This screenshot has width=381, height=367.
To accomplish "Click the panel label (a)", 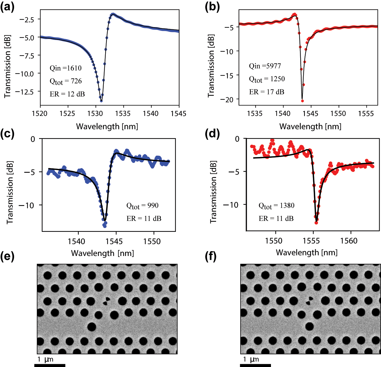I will tap(7, 7).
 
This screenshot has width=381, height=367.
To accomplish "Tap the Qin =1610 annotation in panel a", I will tap(66, 68).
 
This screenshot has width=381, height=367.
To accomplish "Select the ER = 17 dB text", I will tap(266, 92).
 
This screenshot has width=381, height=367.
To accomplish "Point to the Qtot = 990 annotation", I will tap(142, 206).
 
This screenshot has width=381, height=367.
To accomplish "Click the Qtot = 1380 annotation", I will tap(276, 206).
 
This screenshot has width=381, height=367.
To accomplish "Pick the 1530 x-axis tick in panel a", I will tap(95, 114).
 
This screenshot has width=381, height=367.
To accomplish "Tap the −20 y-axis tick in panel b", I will tap(227, 100).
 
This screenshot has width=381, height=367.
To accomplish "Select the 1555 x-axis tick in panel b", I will tap(366, 114).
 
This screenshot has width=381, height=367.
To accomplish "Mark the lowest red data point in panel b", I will tap(302, 101).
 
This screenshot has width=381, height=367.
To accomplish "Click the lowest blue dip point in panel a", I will tap(101, 101).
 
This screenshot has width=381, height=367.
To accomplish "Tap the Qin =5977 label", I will tap(265, 66).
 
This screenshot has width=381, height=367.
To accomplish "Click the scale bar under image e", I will tap(50, 365).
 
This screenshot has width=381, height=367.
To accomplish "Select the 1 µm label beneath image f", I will tap(251, 359).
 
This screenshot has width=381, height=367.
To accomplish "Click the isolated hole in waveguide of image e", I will tap(92, 327).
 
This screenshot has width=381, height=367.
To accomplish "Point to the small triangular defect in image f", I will tap(309, 301).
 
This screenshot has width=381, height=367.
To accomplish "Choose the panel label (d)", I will tap(212, 134).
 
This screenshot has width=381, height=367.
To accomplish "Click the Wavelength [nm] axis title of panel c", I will tap(102, 253).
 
